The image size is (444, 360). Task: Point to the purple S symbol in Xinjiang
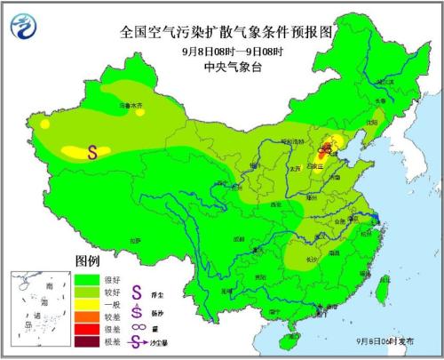[x=92, y=152]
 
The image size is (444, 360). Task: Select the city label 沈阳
[x=372, y=124]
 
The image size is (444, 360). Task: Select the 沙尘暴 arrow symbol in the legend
[x=136, y=340]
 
